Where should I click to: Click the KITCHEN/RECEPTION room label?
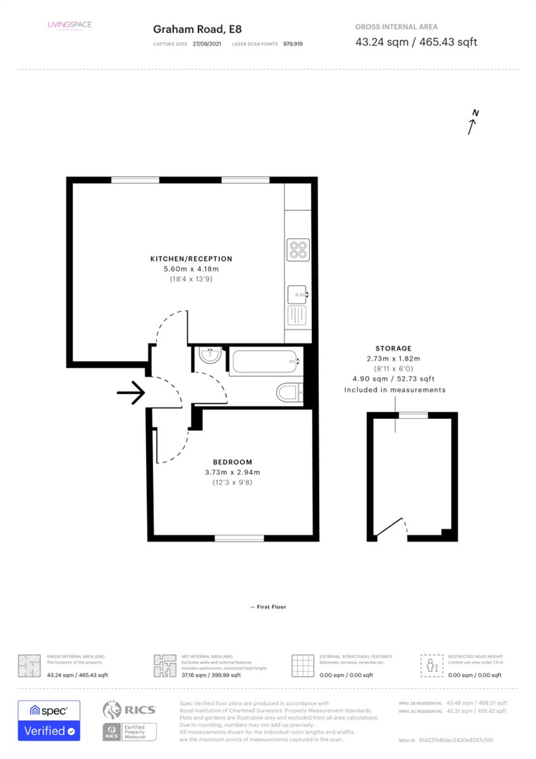tap(191, 259)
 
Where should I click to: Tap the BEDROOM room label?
tap(232, 462)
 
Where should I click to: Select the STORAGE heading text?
tap(393, 348)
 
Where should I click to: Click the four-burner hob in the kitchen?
tap(298, 248)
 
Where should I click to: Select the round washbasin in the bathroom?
tap(209, 356)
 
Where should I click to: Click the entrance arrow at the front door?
tap(131, 394)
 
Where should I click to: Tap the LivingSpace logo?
tap(70, 26)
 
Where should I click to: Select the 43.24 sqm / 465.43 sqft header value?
tap(416, 42)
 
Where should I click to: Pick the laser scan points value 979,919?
tap(293, 44)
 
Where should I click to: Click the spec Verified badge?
tap(49, 720)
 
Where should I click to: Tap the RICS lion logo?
tap(115, 711)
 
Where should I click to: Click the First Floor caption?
tap(268, 606)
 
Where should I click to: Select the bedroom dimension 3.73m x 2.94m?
tap(232, 472)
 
